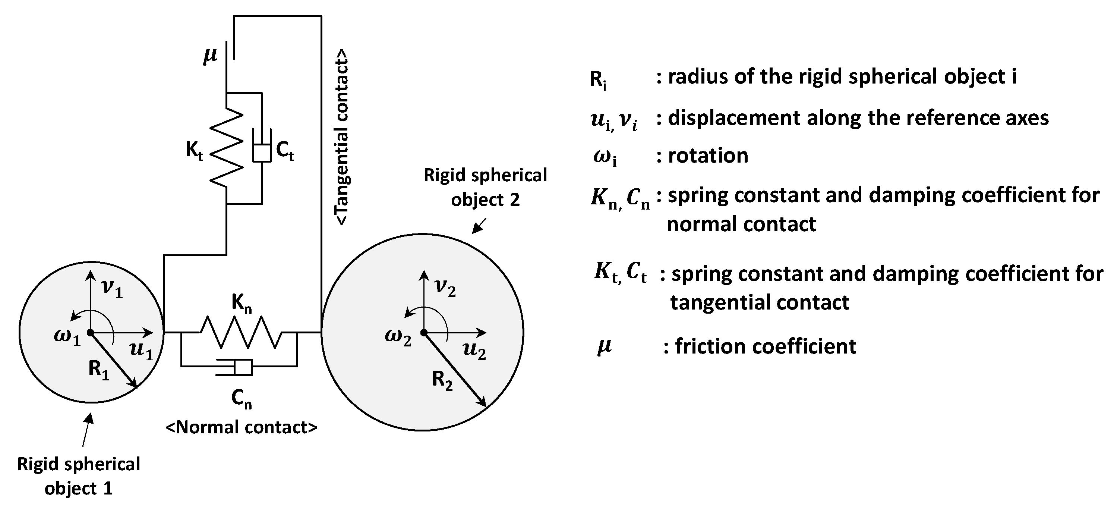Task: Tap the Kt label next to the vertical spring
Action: [x=194, y=151]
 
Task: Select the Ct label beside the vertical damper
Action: [x=284, y=151]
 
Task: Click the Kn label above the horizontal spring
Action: [x=241, y=303]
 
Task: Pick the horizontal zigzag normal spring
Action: [x=240, y=332]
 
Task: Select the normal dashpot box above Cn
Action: [x=243, y=367]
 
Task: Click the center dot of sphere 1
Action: [x=91, y=332]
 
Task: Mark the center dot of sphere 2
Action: [x=424, y=332]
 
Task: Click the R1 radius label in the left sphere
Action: [x=99, y=370]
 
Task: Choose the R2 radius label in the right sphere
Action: [x=442, y=381]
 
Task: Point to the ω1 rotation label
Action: [x=67, y=337]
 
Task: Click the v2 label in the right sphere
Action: [x=445, y=288]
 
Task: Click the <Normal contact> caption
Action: [x=241, y=427]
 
